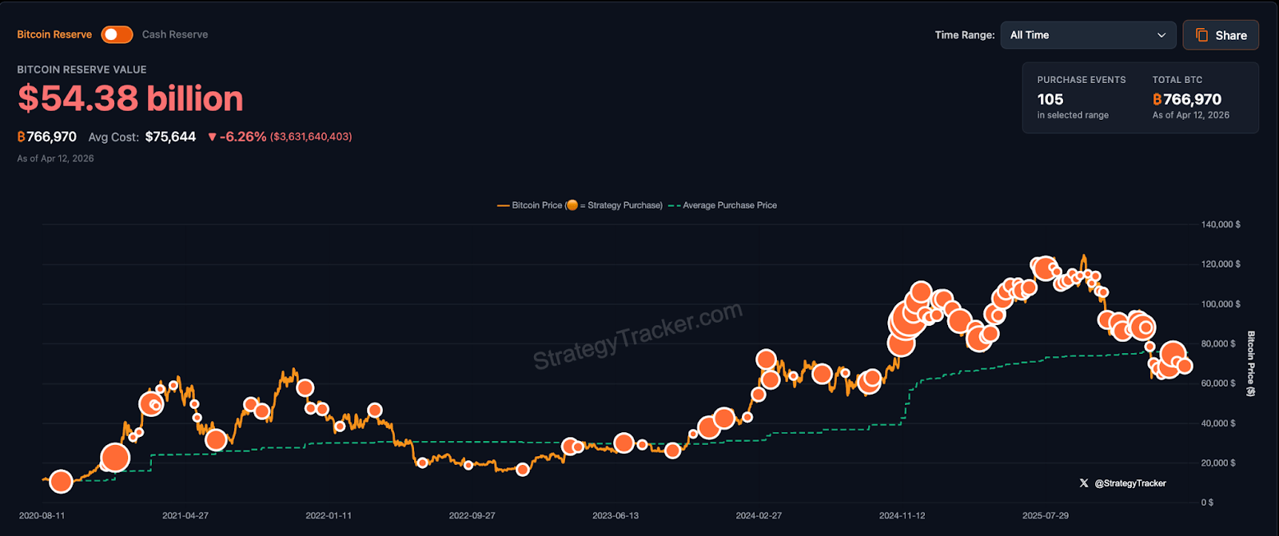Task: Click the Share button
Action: pos(1221,35)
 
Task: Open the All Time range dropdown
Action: pos(1087,35)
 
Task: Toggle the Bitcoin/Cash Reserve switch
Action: pos(117,34)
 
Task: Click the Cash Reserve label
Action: pos(174,34)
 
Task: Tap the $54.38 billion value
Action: pos(130,99)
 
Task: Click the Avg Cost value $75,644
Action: pos(170,137)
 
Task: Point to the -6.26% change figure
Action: pos(242,137)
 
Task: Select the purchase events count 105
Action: pos(1050,100)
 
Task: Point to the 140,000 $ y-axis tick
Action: pos(1221,224)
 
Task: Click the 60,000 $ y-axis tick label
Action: pos(1218,383)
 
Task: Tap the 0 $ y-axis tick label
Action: pos(1207,502)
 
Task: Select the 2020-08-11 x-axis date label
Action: pos(42,516)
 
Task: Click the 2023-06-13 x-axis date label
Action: pos(616,516)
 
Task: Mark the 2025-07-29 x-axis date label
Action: pos(1046,516)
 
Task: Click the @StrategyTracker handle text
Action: pos(1130,483)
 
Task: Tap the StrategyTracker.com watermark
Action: pos(638,335)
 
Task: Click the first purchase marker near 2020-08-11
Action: pos(61,481)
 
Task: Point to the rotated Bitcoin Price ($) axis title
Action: pos(1251,363)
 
